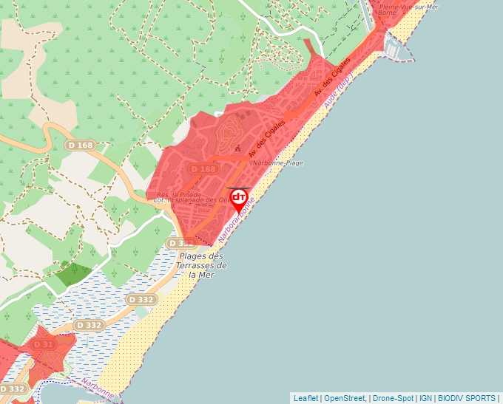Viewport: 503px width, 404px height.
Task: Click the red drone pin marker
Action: pos(239,199)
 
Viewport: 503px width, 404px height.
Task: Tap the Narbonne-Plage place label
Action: pos(278,162)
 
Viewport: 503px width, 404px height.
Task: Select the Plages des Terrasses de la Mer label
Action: pos(203,265)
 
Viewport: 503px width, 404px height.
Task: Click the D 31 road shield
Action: pos(44,344)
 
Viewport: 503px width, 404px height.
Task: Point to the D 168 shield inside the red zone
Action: pos(203,169)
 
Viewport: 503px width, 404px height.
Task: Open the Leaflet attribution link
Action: pos(305,398)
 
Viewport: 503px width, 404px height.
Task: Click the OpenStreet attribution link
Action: pos(345,398)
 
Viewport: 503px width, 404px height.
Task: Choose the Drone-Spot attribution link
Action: pos(392,398)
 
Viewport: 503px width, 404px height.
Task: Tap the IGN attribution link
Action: pos(426,398)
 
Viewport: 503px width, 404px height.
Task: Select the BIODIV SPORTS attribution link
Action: pos(466,398)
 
